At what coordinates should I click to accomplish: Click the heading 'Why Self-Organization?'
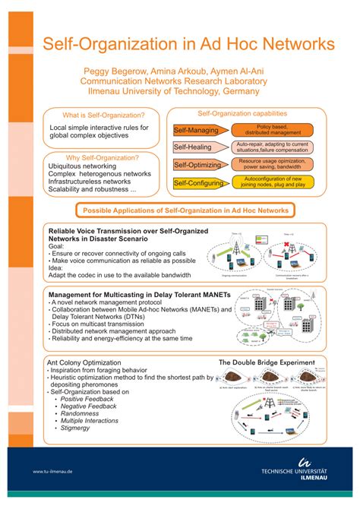coord(103,157)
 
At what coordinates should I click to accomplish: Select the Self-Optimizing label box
coord(196,165)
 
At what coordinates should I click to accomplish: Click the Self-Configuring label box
coord(198,183)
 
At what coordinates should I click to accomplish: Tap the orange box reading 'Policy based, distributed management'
coord(271,130)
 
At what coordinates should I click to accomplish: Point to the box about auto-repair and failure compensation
coord(271,147)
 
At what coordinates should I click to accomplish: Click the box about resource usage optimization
coord(271,165)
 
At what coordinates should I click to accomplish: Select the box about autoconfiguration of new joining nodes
coord(271,183)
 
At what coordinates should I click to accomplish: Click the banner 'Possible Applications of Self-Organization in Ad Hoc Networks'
coord(185,210)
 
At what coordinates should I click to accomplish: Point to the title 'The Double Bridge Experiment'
coord(267,364)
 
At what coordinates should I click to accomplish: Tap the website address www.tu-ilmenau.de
coord(52,471)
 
